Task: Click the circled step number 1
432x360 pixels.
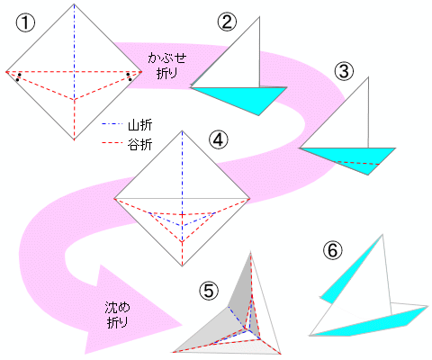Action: pos(25,23)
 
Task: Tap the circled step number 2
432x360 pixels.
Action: pos(227,22)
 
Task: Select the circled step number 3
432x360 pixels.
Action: pos(344,71)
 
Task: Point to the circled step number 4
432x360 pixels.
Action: pos(219,139)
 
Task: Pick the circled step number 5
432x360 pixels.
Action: pos(209,291)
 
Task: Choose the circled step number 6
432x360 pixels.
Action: pos(332,250)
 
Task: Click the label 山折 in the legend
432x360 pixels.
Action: pos(140,125)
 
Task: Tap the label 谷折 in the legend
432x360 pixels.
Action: pos(140,144)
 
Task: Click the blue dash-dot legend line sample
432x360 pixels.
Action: pos(112,124)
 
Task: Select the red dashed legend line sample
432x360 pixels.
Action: pos(112,143)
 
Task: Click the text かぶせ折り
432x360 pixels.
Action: pos(166,66)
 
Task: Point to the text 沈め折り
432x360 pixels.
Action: pos(117,315)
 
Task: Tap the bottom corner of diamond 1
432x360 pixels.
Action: pos(74,139)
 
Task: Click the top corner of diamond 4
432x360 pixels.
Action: pos(182,130)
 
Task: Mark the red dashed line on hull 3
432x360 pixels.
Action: pos(357,163)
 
